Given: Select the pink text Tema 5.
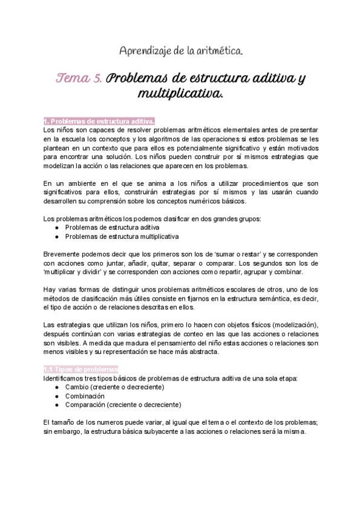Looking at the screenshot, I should pyautogui.click(x=80, y=79).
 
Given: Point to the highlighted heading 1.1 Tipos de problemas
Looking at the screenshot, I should pyautogui.click(x=81, y=370).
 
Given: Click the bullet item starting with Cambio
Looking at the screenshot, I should pyautogui.click(x=114, y=387).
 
